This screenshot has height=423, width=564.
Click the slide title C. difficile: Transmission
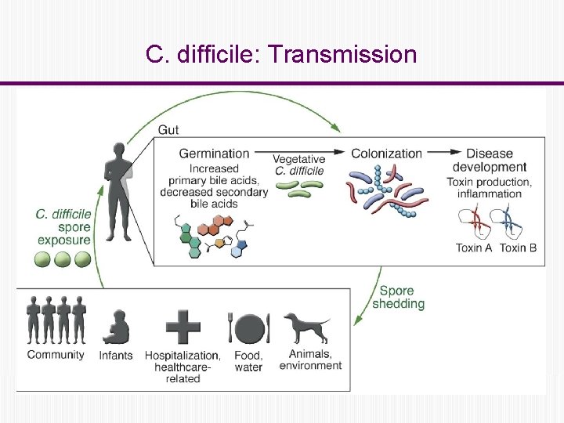[x=281, y=55]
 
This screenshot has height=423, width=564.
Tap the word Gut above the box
[x=168, y=129]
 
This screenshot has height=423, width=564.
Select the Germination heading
[x=214, y=154]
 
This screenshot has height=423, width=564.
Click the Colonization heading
[x=386, y=154]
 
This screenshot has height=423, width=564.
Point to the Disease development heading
[x=490, y=160]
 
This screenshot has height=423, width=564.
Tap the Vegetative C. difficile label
[x=298, y=165]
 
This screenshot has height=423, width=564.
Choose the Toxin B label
[x=518, y=248]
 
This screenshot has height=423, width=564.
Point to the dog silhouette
[x=306, y=327]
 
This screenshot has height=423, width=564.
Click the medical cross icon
[x=183, y=327]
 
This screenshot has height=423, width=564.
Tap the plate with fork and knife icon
[x=248, y=328]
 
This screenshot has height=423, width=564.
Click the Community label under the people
[x=56, y=355]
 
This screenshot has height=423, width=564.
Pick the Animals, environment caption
[x=310, y=360]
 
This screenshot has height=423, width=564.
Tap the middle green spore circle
[x=63, y=259]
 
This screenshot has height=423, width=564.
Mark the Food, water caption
[x=248, y=361]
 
